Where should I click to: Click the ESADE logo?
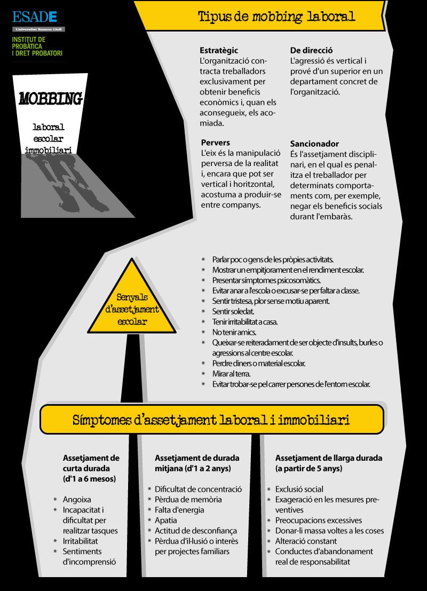pyautogui.click(x=35, y=17)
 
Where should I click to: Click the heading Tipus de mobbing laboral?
pyautogui.click(x=276, y=17)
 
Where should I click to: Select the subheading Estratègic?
pyautogui.click(x=219, y=50)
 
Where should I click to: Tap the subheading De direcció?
pyautogui.click(x=312, y=50)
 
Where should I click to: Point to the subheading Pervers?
pyautogui.click(x=216, y=143)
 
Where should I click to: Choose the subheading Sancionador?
pyautogui.click(x=314, y=144)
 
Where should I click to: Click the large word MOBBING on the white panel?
pyautogui.click(x=50, y=99)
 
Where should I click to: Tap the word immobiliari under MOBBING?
pyautogui.click(x=49, y=150)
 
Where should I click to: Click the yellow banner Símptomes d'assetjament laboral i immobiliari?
pyautogui.click(x=211, y=420)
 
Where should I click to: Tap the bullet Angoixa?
pyautogui.click(x=77, y=500)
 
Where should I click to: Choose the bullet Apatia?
pyautogui.click(x=166, y=520)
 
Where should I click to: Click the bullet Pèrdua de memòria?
pyautogui.click(x=188, y=500)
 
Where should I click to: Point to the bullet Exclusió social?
pyautogui.click(x=299, y=489)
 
